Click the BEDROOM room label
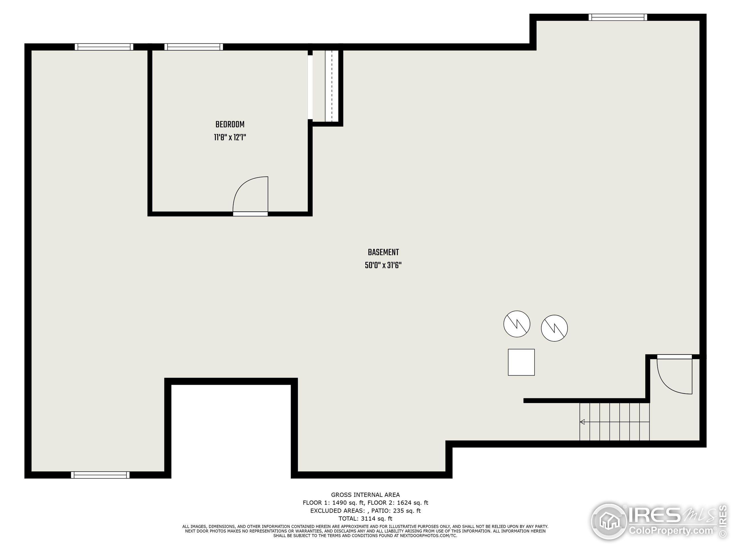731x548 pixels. tap(230, 124)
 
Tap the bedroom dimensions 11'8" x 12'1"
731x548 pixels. tap(230, 137)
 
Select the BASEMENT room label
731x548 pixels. tap(383, 252)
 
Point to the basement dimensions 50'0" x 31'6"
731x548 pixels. tap(383, 265)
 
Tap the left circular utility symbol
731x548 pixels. tap(517, 324)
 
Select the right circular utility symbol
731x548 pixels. tap(554, 328)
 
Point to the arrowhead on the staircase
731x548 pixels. tap(582, 422)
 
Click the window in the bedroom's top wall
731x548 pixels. tap(193, 47)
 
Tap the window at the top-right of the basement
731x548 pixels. tap(618, 17)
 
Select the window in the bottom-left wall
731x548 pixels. tap(100, 475)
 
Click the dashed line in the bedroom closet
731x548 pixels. tap(332, 86)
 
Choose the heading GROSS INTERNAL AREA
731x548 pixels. tap(365, 495)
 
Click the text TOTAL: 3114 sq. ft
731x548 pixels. tap(365, 519)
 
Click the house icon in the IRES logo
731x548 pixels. tap(609, 522)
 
